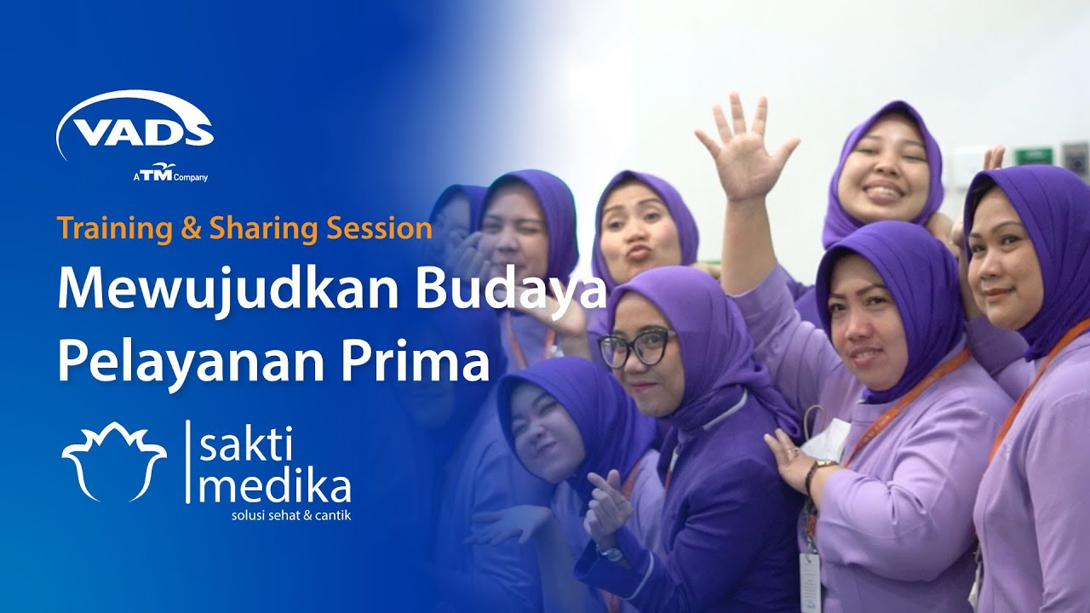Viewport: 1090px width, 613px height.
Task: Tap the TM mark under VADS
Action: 158,175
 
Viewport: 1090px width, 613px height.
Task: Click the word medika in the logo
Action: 274,487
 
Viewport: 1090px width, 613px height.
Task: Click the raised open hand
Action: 744,148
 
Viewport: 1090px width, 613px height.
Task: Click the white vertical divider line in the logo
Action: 186,461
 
